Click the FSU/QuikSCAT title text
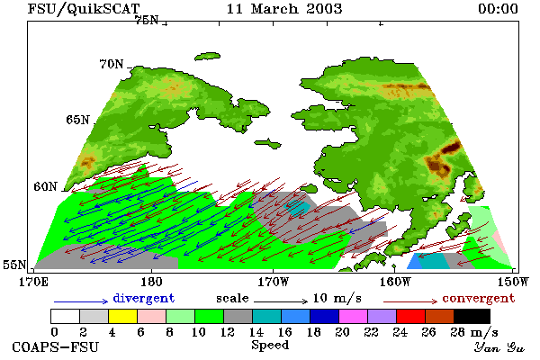tap(84, 9)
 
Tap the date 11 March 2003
tap(284, 9)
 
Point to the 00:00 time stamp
tap(498, 9)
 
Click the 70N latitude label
tap(112, 64)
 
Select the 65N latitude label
tap(77, 120)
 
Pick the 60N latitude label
tap(45, 186)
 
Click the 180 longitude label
tap(151, 282)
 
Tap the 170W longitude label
tap(274, 282)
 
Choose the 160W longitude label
tap(395, 282)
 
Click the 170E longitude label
tap(34, 282)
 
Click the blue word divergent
tap(144, 298)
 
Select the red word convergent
tap(479, 298)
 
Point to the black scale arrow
tap(281, 301)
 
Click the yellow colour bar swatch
tap(123, 316)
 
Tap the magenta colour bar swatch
tap(354, 316)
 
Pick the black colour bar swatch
tap(472, 316)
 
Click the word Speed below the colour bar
tap(270, 345)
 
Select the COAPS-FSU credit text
tap(56, 346)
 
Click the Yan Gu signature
tap(499, 347)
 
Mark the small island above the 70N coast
tap(208, 57)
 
